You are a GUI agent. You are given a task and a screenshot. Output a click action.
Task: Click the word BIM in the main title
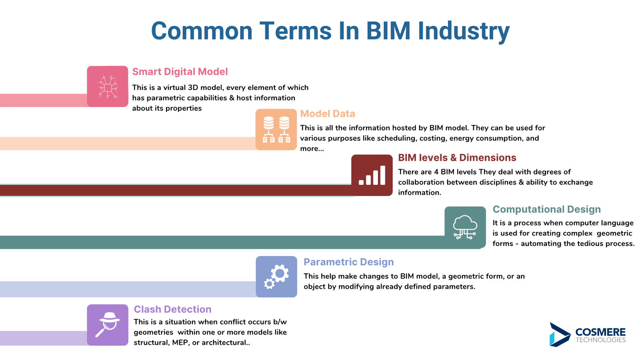tap(388, 30)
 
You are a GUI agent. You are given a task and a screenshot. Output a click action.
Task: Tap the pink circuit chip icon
tap(108, 86)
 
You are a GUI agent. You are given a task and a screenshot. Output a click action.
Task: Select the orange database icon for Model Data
tap(276, 130)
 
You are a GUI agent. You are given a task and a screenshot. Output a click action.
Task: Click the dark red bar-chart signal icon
tap(372, 175)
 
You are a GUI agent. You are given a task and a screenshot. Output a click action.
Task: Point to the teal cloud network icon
tap(465, 227)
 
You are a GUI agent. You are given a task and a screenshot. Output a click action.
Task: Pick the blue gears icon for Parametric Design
tap(276, 276)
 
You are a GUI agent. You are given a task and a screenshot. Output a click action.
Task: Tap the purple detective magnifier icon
tap(108, 325)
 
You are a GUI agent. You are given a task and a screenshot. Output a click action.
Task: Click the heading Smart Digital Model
tap(180, 72)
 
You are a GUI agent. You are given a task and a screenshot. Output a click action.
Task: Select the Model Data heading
tap(328, 114)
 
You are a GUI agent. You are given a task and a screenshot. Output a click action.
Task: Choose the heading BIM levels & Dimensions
tap(457, 158)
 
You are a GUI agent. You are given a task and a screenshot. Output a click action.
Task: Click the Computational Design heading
tap(546, 210)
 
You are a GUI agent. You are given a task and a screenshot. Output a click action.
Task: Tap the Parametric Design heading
tap(348, 262)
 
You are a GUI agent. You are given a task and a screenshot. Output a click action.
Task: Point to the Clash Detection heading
tap(172, 310)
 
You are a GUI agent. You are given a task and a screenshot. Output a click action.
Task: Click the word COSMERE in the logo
tap(600, 332)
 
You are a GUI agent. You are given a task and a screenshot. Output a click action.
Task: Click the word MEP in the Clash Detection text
tap(180, 342)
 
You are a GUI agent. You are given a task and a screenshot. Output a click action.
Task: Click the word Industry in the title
tap(464, 32)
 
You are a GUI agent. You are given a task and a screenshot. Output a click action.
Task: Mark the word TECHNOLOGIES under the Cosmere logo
tap(600, 340)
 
